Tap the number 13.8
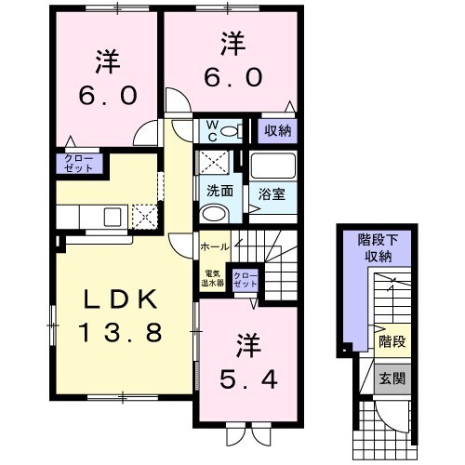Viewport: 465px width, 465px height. (124, 331)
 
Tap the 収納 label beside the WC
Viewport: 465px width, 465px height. (276, 131)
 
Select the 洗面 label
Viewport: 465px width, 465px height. (219, 191)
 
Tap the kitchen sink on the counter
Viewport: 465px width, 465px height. (113, 217)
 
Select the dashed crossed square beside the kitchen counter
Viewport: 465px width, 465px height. (145, 217)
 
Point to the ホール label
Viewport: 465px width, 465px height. (214, 246)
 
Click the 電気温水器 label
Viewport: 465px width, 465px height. (213, 277)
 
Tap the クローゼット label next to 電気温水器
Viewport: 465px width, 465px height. (246, 277)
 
